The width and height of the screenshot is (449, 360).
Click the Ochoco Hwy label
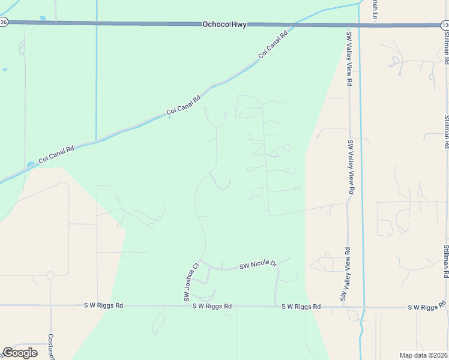click(224, 25)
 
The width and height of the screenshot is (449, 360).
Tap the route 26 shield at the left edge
click(3, 22)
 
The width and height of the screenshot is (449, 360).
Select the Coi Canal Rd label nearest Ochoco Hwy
click(274, 44)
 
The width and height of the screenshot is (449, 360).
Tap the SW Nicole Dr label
click(257, 265)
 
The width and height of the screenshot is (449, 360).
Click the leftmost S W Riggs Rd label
click(103, 305)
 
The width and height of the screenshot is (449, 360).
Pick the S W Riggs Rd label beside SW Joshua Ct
click(212, 306)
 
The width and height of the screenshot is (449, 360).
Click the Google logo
click(20, 353)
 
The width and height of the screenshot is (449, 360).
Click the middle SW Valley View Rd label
click(350, 167)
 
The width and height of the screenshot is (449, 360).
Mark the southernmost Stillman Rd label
click(445, 262)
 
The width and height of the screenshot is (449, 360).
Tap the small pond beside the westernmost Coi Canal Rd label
click(31, 164)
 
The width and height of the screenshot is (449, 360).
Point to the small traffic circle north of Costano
click(50, 275)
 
